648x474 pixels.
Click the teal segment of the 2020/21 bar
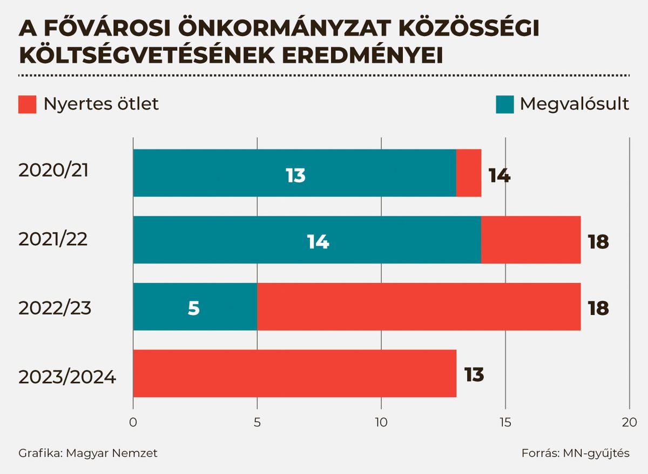coord(294,173)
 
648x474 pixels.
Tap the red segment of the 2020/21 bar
coord(469,173)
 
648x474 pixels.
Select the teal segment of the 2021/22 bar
coord(307,240)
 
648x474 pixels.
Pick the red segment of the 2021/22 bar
coord(530,240)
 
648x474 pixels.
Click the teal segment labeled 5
coord(194,307)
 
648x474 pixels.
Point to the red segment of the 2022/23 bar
coord(418,307)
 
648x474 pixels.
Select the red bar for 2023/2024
coord(294,374)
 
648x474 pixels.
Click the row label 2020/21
coord(53,170)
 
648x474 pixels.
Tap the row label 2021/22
coord(53,239)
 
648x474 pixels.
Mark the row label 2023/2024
coord(67,376)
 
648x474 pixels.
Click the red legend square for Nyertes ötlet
coord(27,104)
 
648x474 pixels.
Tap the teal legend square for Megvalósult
coord(504,104)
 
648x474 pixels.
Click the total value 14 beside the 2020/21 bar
coord(499,176)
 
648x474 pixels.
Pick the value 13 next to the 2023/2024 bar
coord(474,374)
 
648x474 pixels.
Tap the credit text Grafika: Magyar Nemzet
coord(88,453)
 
